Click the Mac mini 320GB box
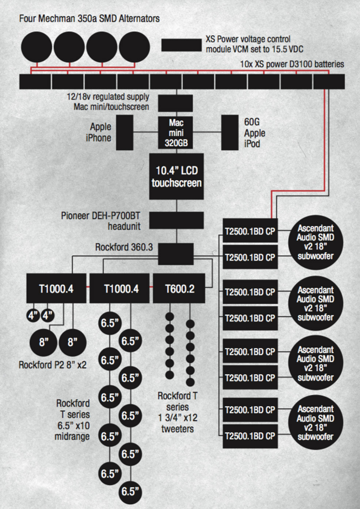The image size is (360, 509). tap(176, 133)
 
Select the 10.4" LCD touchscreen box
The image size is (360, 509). tap(177, 176)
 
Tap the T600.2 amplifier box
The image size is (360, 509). tap(179, 288)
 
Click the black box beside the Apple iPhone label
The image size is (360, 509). tap(125, 133)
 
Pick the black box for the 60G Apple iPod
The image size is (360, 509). tap(230, 133)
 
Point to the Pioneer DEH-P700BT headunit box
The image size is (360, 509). tap(177, 220)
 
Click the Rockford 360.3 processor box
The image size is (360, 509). tap(175, 254)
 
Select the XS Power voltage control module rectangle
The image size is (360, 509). tap(181, 45)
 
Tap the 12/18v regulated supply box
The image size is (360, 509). tap(175, 103)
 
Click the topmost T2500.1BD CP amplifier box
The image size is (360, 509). tap(250, 231)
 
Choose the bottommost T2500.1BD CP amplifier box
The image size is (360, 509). tap(250, 436)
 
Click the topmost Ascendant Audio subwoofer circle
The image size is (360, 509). tap(315, 242)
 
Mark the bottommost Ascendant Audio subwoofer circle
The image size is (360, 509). tap(315, 423)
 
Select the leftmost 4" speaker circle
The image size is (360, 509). tap(33, 315)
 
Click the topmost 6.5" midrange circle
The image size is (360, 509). tap(110, 323)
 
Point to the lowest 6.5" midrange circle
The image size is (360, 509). tap(130, 491)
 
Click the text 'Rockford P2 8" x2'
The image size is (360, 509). tap(53, 365)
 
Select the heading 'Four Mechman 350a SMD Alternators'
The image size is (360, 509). tap(89, 18)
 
